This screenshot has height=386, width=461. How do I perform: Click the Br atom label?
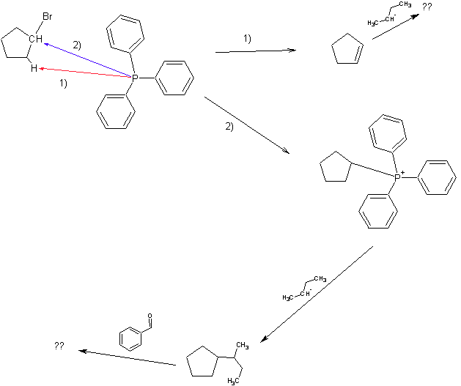click(x=46, y=15)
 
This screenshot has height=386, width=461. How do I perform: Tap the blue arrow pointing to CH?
click(x=88, y=59)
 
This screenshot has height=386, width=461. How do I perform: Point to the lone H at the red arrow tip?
click(x=33, y=67)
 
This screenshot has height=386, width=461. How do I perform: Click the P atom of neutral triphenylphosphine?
click(x=135, y=76)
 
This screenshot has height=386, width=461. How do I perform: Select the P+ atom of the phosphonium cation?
click(x=398, y=177)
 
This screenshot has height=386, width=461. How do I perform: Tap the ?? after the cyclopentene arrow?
click(x=427, y=6)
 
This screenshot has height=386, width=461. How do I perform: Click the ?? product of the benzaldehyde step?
click(x=59, y=345)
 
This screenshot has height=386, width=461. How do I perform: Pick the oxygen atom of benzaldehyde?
click(x=150, y=317)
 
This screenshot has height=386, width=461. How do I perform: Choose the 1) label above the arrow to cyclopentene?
click(x=247, y=38)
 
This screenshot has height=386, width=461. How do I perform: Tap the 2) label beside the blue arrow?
click(x=76, y=45)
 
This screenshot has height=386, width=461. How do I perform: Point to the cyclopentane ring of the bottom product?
click(x=202, y=362)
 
